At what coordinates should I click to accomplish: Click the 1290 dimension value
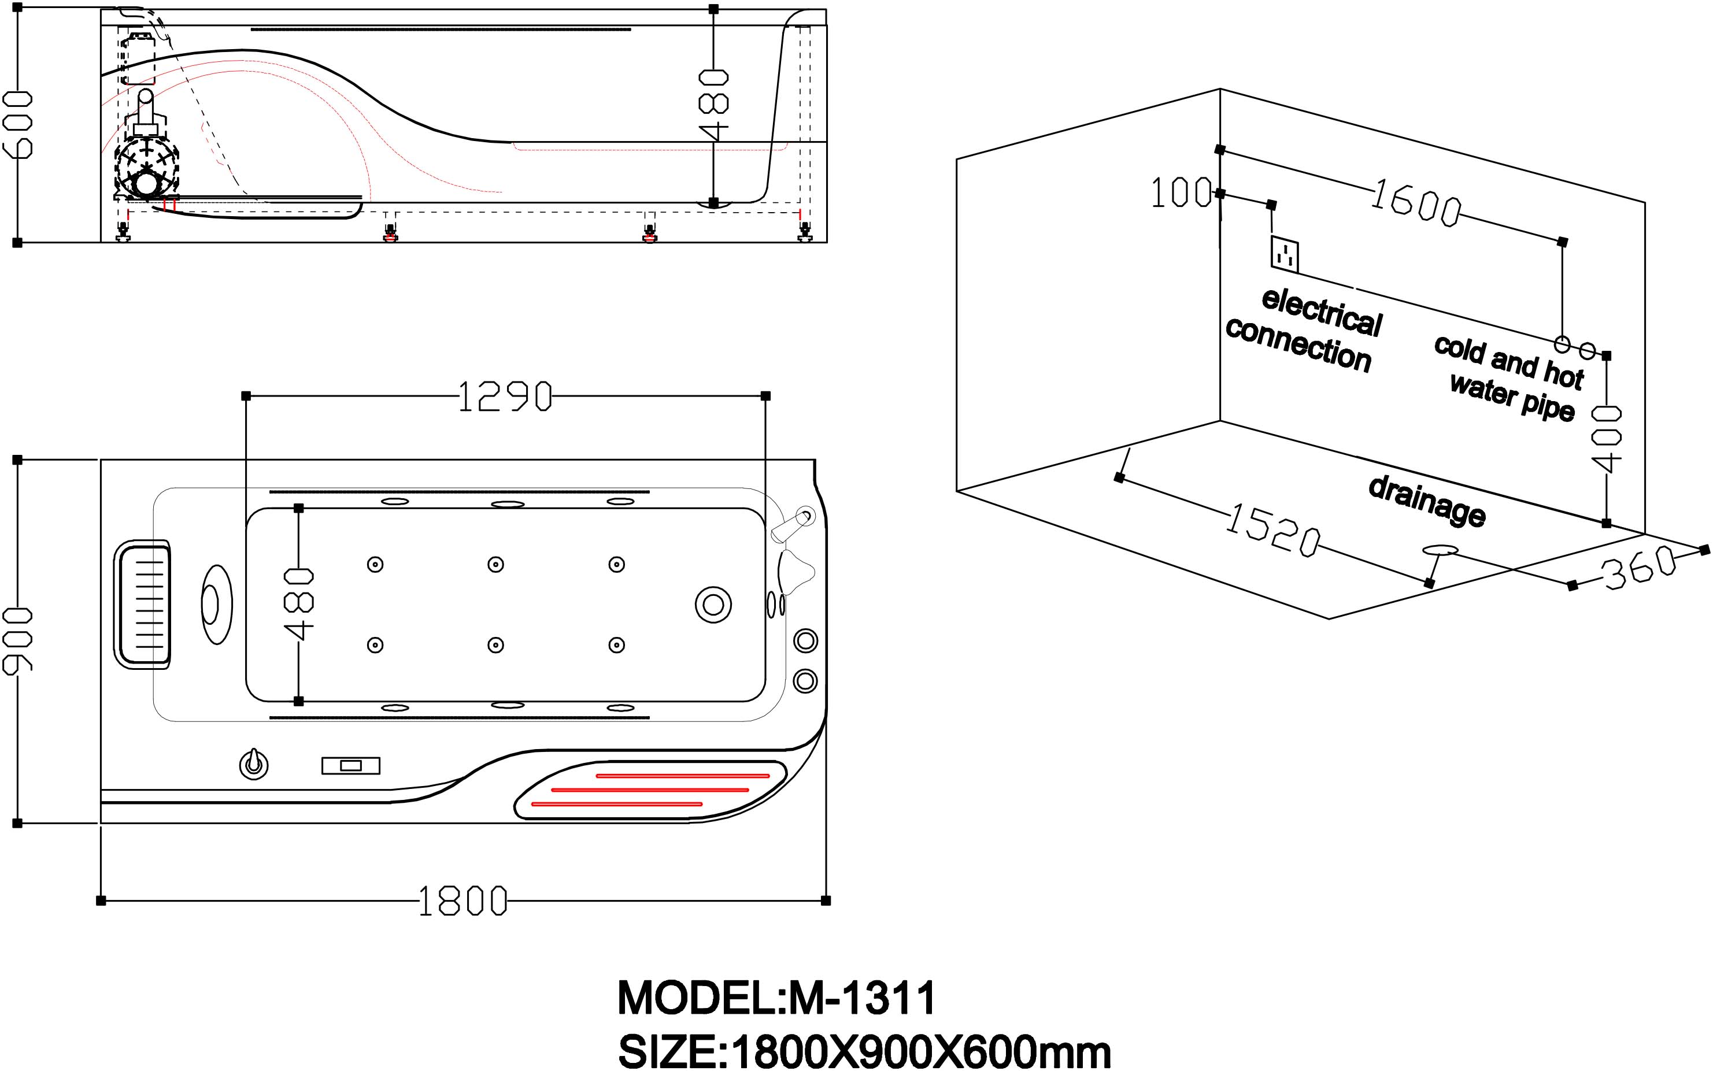504,396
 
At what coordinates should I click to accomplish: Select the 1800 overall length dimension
463,901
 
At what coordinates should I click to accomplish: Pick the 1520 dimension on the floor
1272,531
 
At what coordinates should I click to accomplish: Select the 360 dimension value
1638,568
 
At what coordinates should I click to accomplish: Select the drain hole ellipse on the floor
1440,550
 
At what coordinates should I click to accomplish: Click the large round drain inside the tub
713,605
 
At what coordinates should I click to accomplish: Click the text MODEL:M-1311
776,998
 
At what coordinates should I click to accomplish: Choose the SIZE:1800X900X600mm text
864,1051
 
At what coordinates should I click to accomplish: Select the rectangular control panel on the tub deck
351,766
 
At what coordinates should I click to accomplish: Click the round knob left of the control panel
253,764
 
